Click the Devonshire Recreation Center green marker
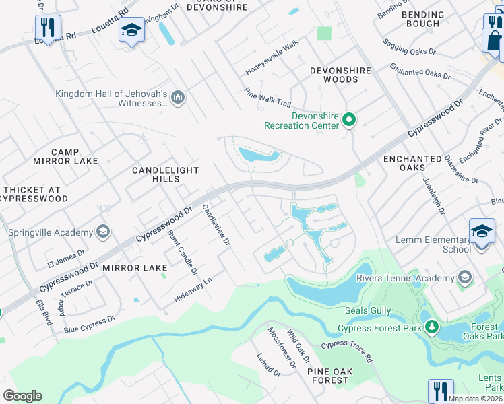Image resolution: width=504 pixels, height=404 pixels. coord(349,121)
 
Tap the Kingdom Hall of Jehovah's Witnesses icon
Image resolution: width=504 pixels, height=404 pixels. coord(178,98)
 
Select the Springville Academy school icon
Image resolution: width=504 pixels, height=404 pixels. coord(103,232)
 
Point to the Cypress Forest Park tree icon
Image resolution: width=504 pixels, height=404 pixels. coord(431,328)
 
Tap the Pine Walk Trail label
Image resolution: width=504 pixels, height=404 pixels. coord(267,98)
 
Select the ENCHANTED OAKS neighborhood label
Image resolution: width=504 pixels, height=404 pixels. coord(412,164)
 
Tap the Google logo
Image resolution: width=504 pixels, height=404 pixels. coord(22,395)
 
